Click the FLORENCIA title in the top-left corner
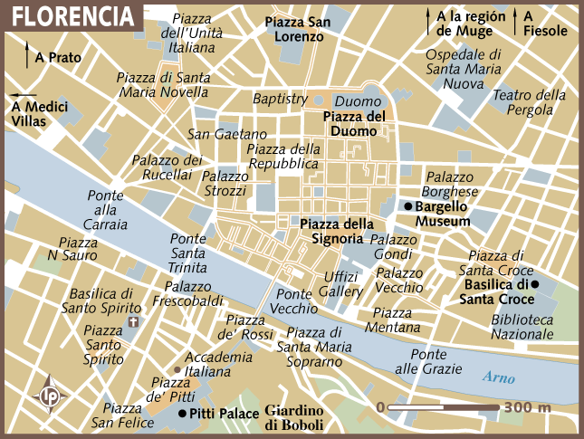71,15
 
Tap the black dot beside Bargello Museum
408,207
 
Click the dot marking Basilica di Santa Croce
536,284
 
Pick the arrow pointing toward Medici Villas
24,94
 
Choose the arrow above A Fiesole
516,16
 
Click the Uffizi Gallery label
340,284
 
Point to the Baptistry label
280,99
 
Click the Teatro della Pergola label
529,102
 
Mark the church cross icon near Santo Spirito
134,321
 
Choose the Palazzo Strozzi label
225,184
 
